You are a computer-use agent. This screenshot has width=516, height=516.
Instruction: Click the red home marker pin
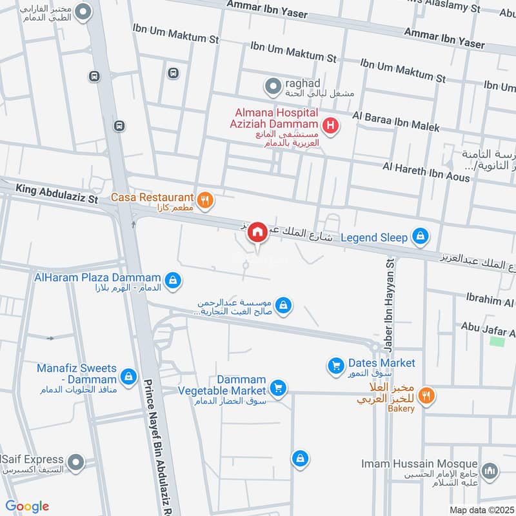[257, 232]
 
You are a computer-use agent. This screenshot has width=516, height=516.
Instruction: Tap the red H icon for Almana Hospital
[330, 125]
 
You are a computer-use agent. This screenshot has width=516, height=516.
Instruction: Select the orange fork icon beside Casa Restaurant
[205, 201]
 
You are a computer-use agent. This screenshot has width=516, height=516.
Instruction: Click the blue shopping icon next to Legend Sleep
[421, 237]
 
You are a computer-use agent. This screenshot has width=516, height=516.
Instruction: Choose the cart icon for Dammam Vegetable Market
[278, 388]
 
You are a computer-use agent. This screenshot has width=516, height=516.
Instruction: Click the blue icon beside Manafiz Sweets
[128, 375]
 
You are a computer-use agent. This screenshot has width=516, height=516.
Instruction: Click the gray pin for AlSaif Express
[77, 462]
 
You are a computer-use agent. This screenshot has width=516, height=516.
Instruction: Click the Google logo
[27, 506]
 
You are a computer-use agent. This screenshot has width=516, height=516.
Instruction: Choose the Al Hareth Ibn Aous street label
[426, 172]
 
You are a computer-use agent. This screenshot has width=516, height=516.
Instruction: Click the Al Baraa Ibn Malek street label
[395, 121]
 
